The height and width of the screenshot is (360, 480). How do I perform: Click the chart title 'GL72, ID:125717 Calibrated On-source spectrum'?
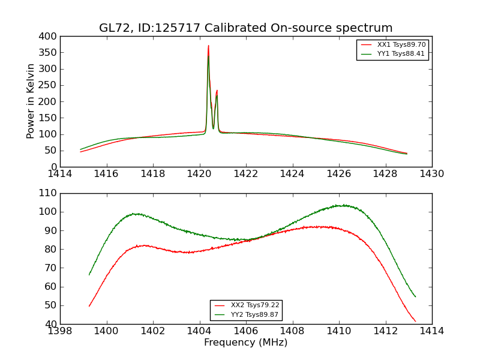point(246,28)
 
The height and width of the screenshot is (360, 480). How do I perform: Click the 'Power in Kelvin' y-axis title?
point(31,101)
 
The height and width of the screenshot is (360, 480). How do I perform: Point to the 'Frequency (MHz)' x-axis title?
point(246,343)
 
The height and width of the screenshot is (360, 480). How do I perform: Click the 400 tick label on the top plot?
point(49,37)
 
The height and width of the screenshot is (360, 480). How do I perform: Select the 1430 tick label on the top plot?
point(431,174)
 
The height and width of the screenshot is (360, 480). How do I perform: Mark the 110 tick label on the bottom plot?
point(49,193)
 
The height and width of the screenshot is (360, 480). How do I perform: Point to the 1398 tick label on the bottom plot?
point(60,331)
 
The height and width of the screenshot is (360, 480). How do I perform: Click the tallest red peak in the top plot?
point(208,46)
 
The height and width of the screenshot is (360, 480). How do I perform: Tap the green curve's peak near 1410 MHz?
point(343,205)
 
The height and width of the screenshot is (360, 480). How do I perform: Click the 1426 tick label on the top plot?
point(338,174)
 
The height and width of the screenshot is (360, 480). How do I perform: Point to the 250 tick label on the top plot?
point(49,85)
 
